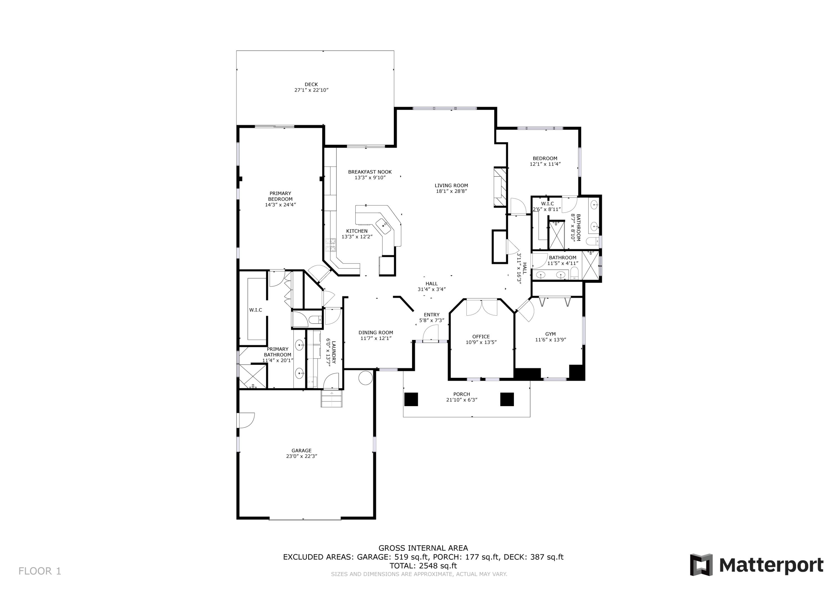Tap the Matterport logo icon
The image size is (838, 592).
click(x=701, y=565)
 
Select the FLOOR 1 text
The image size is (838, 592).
click(x=40, y=571)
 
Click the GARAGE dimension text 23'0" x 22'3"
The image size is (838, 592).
click(x=301, y=456)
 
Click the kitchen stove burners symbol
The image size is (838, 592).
click(x=331, y=245)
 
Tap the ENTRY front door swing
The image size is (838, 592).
click(x=431, y=333)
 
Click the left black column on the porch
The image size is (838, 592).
click(x=411, y=399)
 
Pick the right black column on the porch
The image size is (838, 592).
click(x=507, y=399)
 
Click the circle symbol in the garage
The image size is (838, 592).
click(x=365, y=378)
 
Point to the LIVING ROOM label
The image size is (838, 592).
click(x=451, y=185)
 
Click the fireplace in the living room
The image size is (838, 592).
click(x=500, y=187)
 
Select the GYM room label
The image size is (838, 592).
click(x=550, y=334)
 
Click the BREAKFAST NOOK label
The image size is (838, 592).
click(x=370, y=172)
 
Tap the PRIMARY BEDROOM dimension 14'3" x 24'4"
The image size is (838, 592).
click(x=280, y=205)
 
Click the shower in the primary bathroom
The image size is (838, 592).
click(x=253, y=376)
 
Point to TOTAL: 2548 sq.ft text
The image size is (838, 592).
click(x=423, y=566)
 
